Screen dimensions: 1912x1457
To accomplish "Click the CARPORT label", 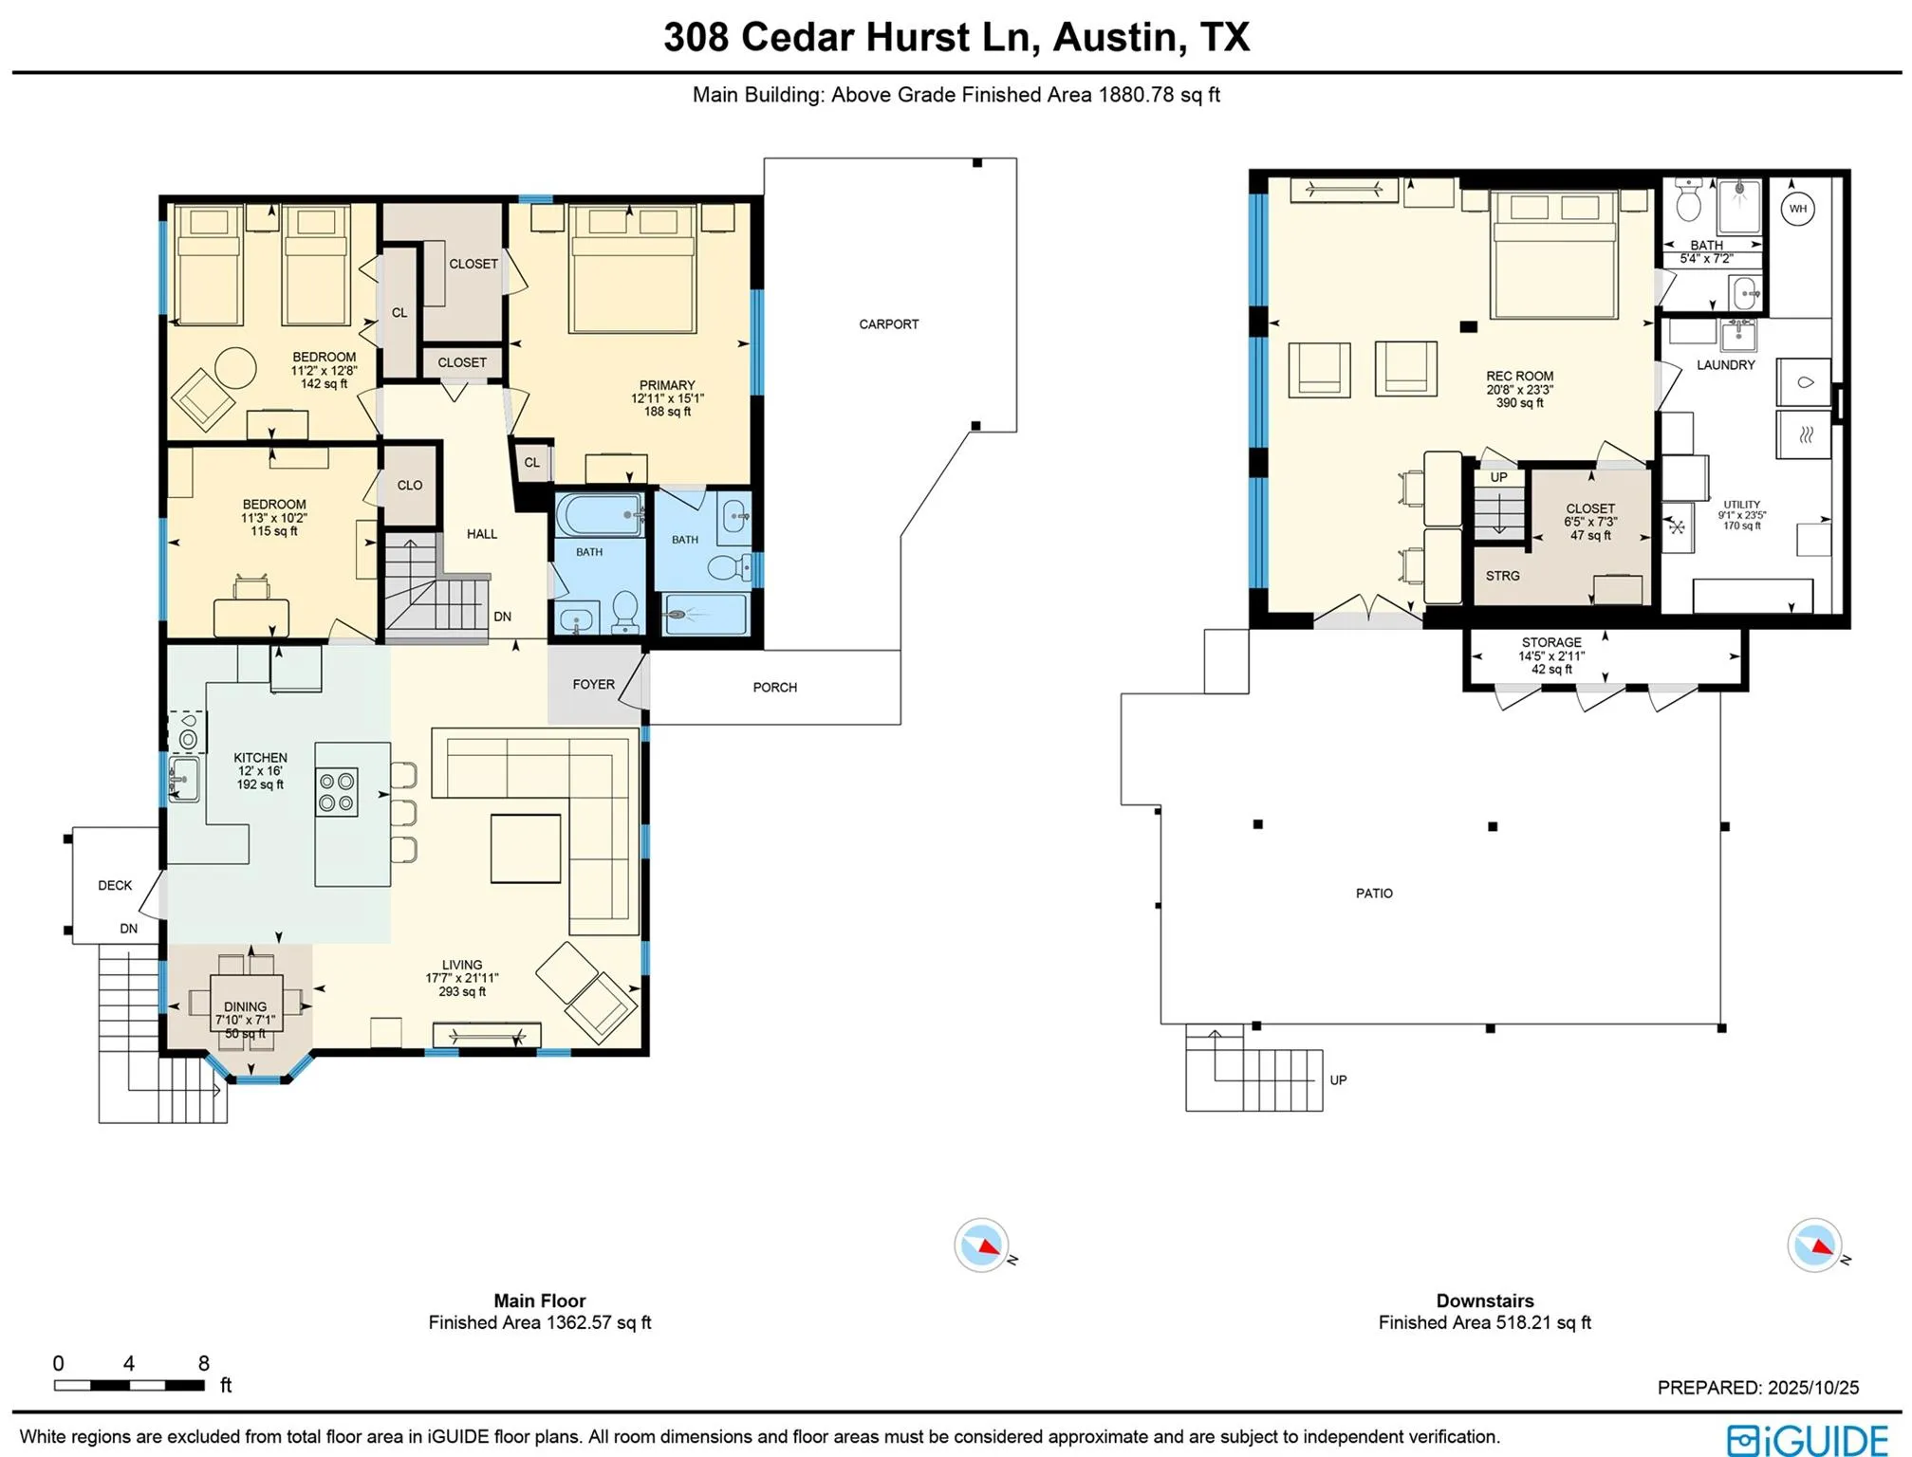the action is tap(888, 324).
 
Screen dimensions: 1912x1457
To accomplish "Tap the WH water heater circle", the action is tap(1797, 209).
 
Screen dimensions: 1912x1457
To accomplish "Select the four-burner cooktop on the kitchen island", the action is tap(337, 792).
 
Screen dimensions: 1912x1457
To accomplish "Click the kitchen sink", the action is tap(184, 779).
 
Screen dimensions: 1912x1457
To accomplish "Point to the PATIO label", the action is tap(1374, 894).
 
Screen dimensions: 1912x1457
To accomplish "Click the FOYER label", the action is tap(593, 685).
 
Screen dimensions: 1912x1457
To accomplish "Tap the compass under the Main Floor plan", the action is tap(982, 1245).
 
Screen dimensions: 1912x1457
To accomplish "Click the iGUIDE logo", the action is tap(1808, 1439).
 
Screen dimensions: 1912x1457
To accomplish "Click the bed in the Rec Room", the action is tap(1553, 254).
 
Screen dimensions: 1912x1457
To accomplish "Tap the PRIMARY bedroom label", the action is tap(667, 385).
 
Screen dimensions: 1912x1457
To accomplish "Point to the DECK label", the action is tap(115, 886).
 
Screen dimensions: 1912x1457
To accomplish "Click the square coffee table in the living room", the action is tap(526, 848).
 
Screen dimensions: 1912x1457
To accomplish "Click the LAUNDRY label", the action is tap(1725, 365).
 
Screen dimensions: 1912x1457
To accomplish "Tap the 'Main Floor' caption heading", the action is tap(539, 1301).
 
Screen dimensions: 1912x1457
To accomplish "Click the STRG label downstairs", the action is tap(1502, 576).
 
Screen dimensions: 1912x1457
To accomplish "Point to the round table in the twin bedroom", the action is tap(235, 367).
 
